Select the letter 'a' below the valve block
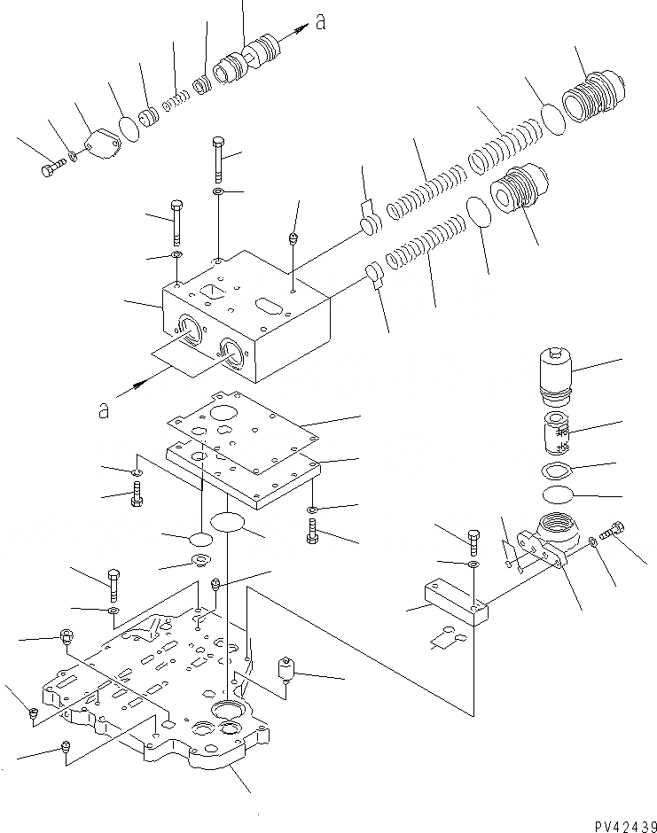[x=105, y=409]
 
